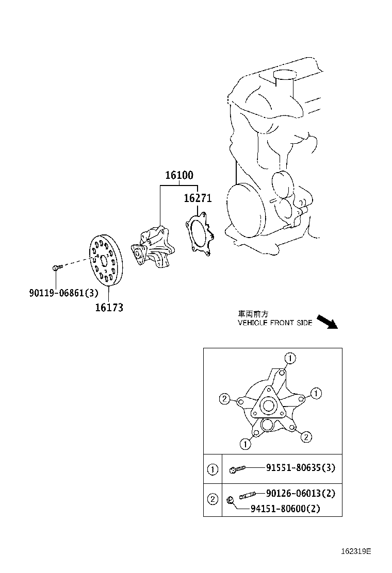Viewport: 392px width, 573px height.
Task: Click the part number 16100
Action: click(x=179, y=175)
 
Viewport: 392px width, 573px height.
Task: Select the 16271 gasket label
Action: click(x=198, y=198)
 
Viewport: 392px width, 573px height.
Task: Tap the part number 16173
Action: click(x=109, y=308)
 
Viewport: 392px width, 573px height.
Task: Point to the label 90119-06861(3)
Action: click(x=63, y=293)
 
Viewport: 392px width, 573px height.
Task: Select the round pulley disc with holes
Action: click(x=105, y=260)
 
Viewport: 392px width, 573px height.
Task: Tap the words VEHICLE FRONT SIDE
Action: click(x=275, y=323)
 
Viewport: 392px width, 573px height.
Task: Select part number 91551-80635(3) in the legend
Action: click(x=301, y=468)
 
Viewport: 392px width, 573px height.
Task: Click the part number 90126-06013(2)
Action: click(x=301, y=493)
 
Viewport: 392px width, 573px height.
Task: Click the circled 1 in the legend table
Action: click(x=213, y=469)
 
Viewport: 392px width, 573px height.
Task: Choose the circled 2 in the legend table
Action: click(x=213, y=499)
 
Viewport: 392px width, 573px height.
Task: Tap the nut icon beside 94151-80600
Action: click(x=230, y=499)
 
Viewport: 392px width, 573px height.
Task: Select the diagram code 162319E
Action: click(x=355, y=551)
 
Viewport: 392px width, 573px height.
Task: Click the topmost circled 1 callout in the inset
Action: click(x=290, y=358)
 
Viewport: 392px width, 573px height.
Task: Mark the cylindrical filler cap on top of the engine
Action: click(x=284, y=77)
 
